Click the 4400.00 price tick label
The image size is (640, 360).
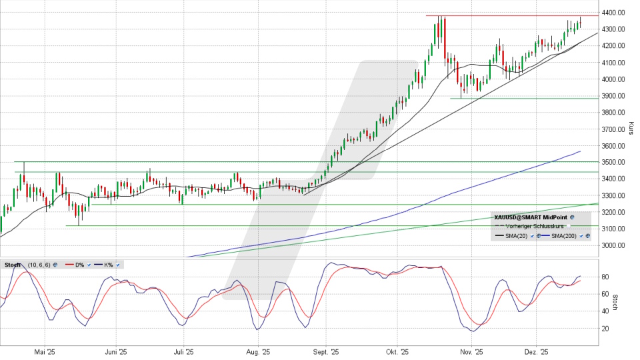point(613,13)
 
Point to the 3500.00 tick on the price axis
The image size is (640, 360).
point(613,163)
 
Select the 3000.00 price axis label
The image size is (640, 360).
point(613,246)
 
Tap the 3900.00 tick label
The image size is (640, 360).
point(613,96)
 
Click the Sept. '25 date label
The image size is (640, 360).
point(326,351)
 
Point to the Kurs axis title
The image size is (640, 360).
point(631,127)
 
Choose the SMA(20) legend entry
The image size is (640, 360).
point(516,236)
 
